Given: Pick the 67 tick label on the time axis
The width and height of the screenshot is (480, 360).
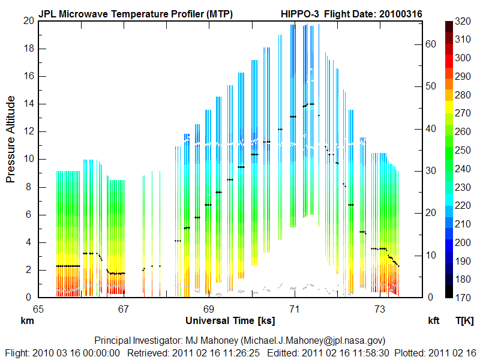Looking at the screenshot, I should click(x=124, y=309).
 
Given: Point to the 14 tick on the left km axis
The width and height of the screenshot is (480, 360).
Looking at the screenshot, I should click(x=26, y=104).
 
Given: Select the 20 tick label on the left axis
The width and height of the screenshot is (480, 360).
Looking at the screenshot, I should click(x=26, y=20).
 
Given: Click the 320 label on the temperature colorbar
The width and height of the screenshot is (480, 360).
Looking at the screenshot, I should click(x=463, y=21).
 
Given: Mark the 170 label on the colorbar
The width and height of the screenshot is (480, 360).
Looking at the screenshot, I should click(x=463, y=297).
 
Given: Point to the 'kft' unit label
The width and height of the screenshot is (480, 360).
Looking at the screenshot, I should click(x=434, y=321).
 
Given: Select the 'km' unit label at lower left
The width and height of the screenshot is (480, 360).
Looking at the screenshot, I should click(x=27, y=321).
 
